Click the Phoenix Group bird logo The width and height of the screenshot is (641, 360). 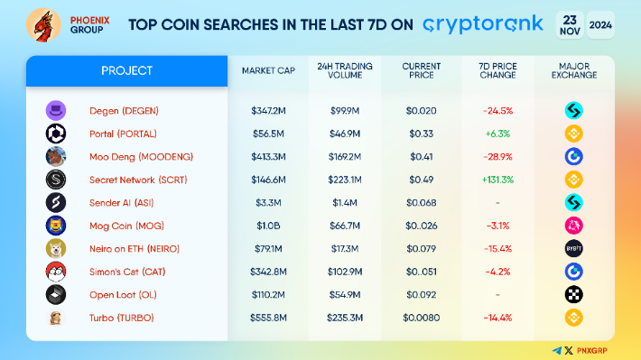click(43, 25)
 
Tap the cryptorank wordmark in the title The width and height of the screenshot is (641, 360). click(483, 24)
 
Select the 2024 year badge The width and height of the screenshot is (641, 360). click(600, 25)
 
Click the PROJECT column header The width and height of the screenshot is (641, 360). click(126, 70)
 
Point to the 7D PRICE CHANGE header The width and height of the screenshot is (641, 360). click(497, 70)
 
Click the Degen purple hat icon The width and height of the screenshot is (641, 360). click(56, 110)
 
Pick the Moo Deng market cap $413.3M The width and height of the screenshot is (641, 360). click(268, 156)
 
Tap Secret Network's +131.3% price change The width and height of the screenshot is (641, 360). click(497, 180)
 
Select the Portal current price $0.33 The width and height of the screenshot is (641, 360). click(421, 134)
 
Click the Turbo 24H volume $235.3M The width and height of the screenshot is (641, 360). click(345, 318)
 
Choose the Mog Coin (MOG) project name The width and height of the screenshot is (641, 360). click(126, 226)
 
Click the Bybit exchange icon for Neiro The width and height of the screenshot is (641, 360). click(573, 248)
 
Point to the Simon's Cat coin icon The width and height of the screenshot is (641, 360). click(56, 272)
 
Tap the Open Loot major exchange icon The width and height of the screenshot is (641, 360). click(573, 295)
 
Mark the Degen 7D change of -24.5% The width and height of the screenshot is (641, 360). click(497, 111)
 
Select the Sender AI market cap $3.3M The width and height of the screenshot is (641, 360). click(268, 203)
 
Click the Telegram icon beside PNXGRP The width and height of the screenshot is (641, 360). click(557, 351)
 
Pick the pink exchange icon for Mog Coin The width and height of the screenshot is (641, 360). click(573, 226)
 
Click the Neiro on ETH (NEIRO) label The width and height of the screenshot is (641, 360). click(135, 249)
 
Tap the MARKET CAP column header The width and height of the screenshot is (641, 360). click(268, 70)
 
